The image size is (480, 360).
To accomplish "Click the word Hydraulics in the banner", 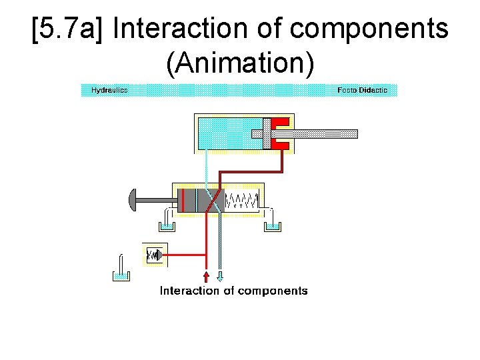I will pos(109,90).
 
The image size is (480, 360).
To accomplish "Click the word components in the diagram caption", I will pos(272,291).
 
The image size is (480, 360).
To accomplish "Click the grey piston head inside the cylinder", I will pos(267,133).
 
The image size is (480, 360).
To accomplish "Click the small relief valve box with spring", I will pos(154,255).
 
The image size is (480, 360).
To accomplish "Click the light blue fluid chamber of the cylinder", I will pos(227,132).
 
